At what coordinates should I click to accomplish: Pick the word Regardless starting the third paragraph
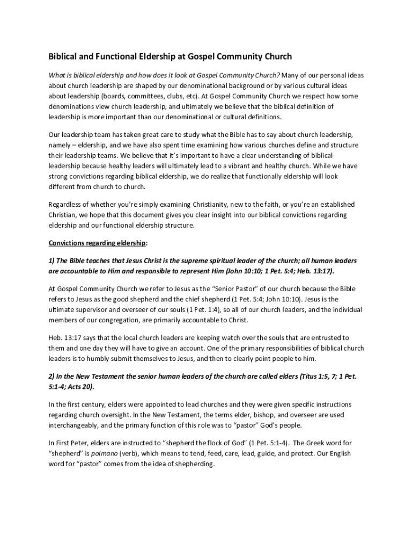67,205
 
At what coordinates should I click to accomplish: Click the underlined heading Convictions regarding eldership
97,243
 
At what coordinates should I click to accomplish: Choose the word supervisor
95,309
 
